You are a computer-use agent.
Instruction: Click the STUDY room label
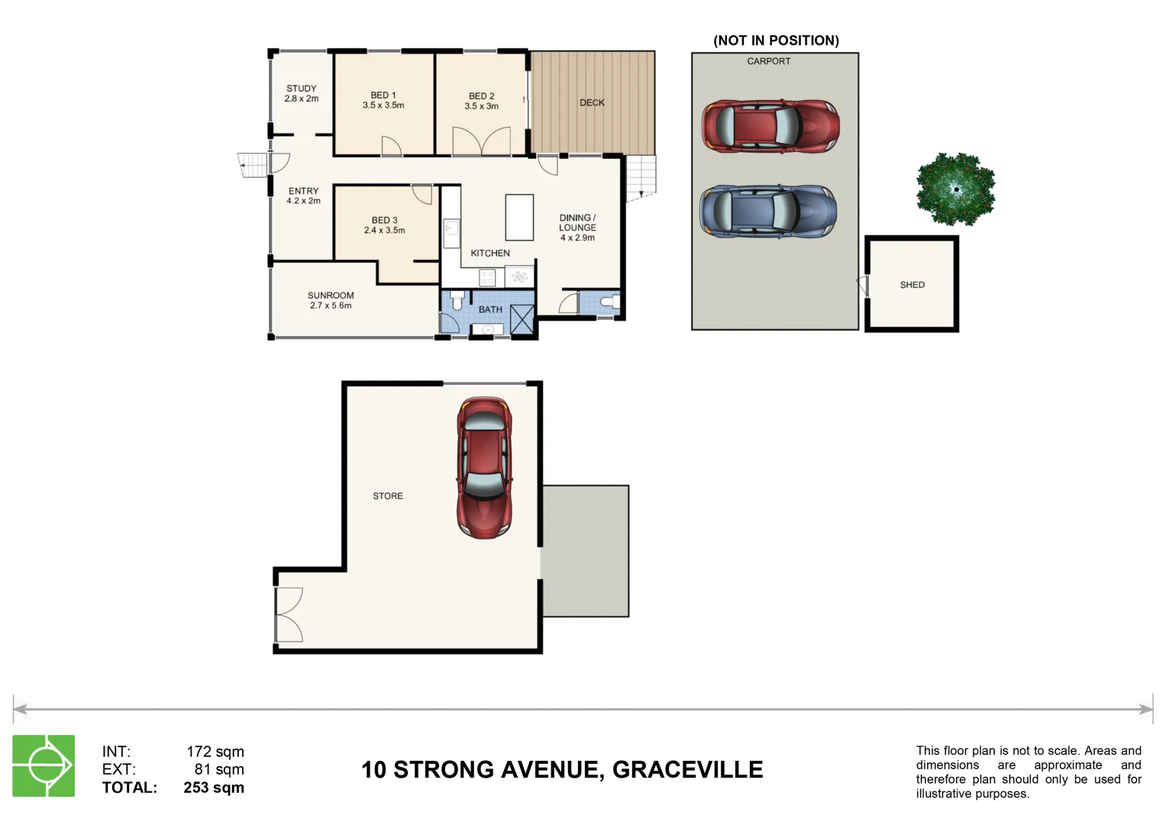[301, 89]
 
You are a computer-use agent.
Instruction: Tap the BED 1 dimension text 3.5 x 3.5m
[383, 105]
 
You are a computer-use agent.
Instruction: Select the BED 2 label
[481, 96]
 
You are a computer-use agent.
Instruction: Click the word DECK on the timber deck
[592, 102]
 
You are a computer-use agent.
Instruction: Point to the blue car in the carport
[768, 212]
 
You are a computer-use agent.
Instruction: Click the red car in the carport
[770, 125]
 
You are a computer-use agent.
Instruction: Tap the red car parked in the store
[484, 467]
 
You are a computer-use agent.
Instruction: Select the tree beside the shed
[955, 189]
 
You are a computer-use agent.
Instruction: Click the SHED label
[912, 285]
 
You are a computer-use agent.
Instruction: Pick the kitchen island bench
[519, 218]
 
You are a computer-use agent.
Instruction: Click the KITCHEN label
[490, 253]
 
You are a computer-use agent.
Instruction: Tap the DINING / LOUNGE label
[577, 222]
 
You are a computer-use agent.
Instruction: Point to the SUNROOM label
[331, 296]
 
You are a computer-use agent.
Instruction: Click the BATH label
[490, 309]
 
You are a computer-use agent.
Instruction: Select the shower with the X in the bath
[522, 319]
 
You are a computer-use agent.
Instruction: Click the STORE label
[388, 496]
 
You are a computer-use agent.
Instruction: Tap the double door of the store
[288, 615]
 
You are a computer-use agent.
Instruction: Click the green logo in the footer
[44, 765]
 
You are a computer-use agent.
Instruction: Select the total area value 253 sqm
[214, 788]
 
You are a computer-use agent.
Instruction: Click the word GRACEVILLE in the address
[687, 769]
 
